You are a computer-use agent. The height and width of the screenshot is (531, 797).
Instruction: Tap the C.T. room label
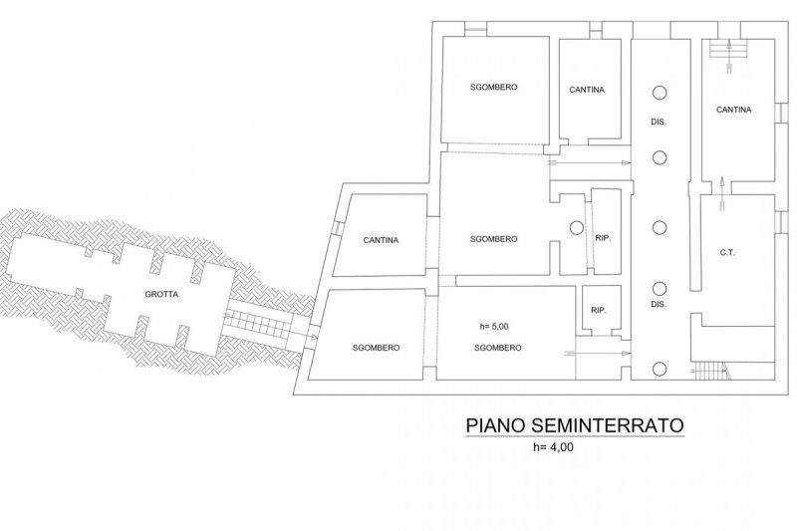pos(726,253)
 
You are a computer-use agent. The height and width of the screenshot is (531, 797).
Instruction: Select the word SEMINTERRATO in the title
pos(618,425)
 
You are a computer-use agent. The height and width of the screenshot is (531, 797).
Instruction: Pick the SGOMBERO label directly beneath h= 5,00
pos(495,348)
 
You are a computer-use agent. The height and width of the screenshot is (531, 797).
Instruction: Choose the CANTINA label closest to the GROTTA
pos(382,240)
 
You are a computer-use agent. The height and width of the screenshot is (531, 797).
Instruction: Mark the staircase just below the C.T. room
pos(708,370)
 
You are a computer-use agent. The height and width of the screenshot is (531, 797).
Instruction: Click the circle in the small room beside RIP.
pos(575,227)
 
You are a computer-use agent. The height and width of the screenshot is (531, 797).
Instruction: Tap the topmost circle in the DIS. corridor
pos(659,92)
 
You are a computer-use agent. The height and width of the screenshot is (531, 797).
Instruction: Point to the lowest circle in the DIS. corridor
pos(659,368)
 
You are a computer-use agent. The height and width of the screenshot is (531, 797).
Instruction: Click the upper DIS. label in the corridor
pos(658,122)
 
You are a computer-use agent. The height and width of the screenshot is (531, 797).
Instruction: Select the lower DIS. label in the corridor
pos(658,303)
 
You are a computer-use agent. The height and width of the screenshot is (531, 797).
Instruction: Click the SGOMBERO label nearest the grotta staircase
pos(376,348)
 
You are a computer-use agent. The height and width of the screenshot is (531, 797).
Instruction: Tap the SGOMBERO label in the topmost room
pos(493,88)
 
